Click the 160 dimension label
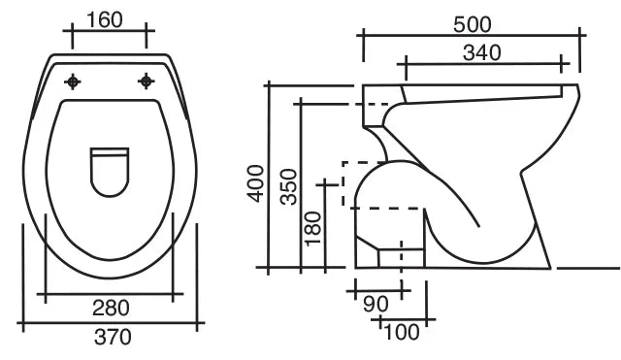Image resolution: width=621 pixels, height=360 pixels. tap(105, 19)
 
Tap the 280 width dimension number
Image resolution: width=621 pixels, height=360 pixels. tap(111, 308)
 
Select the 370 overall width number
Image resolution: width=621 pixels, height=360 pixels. tap(113, 338)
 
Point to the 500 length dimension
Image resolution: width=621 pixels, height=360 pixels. tap(473, 24)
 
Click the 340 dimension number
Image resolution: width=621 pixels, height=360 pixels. tap(481, 52)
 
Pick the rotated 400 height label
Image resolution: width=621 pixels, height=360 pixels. tap(255, 183)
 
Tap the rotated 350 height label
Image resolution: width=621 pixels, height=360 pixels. tap(288, 186)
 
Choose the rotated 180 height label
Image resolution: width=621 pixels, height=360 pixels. tap(312, 228)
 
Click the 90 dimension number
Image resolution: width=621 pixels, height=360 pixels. tap(376, 304)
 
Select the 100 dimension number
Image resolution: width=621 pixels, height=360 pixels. tap(401, 332)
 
